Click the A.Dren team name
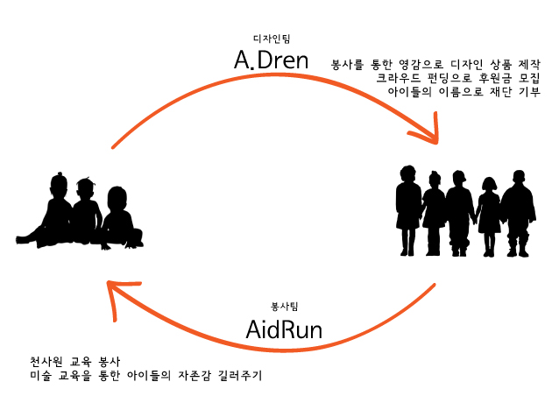[271, 60]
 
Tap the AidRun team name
[284, 329]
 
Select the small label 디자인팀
[272, 39]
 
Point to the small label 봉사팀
[284, 307]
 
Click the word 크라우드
[399, 78]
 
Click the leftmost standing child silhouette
[408, 210]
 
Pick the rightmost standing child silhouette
[518, 213]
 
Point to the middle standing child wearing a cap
[459, 213]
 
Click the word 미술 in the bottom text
[41, 376]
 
